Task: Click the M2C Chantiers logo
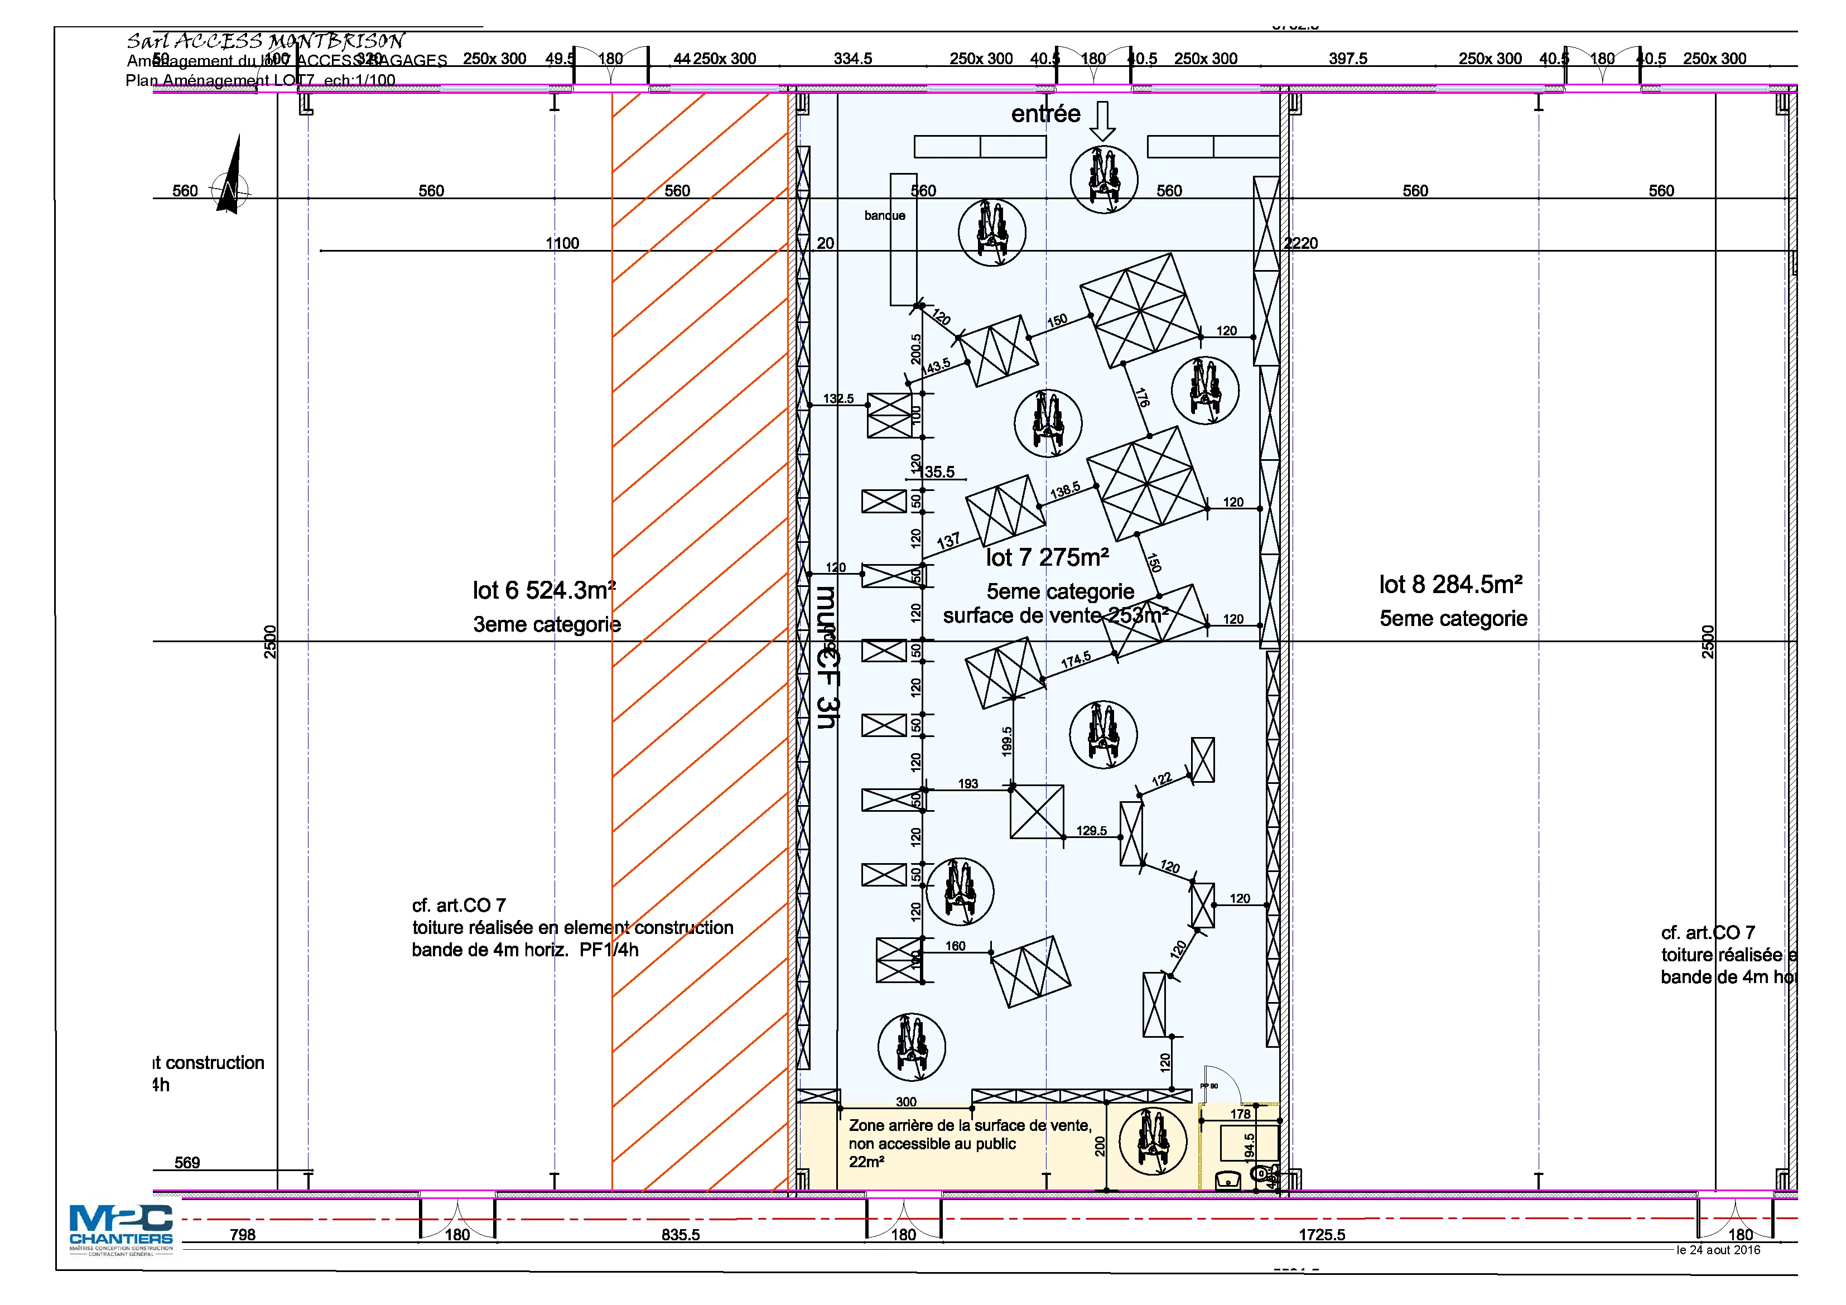[121, 1228]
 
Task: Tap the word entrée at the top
[1045, 114]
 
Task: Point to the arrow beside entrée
[1102, 121]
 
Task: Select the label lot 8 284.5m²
[1450, 585]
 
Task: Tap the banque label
[884, 215]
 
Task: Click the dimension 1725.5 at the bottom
[1321, 1234]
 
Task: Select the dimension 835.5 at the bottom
[680, 1234]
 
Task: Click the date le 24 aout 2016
[1718, 1250]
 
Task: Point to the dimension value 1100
[562, 243]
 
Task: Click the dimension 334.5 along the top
[852, 59]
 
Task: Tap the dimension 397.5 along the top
[1347, 59]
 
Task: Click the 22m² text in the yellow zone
[866, 1162]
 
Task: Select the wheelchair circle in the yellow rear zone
[1153, 1140]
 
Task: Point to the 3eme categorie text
[547, 625]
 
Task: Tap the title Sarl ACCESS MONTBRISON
[266, 40]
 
